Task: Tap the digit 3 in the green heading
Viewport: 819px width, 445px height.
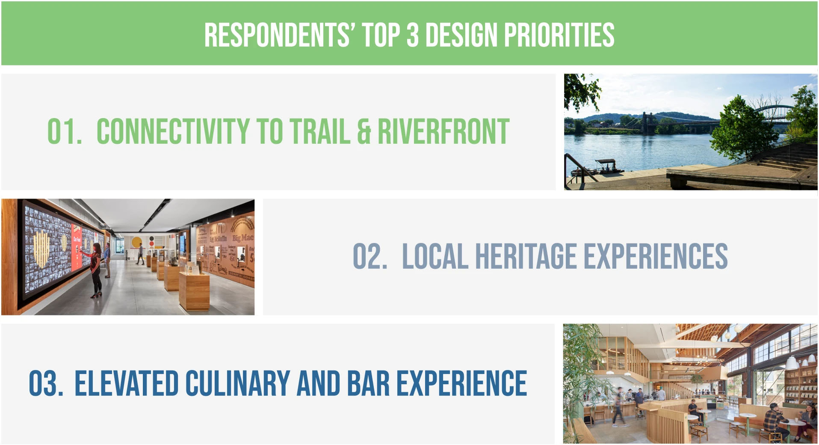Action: pos(412,35)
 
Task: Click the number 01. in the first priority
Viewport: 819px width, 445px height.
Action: pos(64,131)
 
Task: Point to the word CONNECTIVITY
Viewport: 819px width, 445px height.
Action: pos(173,131)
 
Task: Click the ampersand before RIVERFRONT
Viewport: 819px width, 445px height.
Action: pos(364,131)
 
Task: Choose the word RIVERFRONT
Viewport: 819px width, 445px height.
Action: pos(444,131)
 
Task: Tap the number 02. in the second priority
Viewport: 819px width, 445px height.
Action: pos(370,256)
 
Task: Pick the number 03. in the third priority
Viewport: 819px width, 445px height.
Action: pos(46,383)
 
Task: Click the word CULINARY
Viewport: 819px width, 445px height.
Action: pos(238,383)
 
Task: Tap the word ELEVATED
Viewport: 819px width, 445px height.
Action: pos(127,383)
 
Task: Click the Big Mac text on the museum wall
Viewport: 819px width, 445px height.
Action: pos(242,237)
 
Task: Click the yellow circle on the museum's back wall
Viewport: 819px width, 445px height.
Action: pos(136,242)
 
